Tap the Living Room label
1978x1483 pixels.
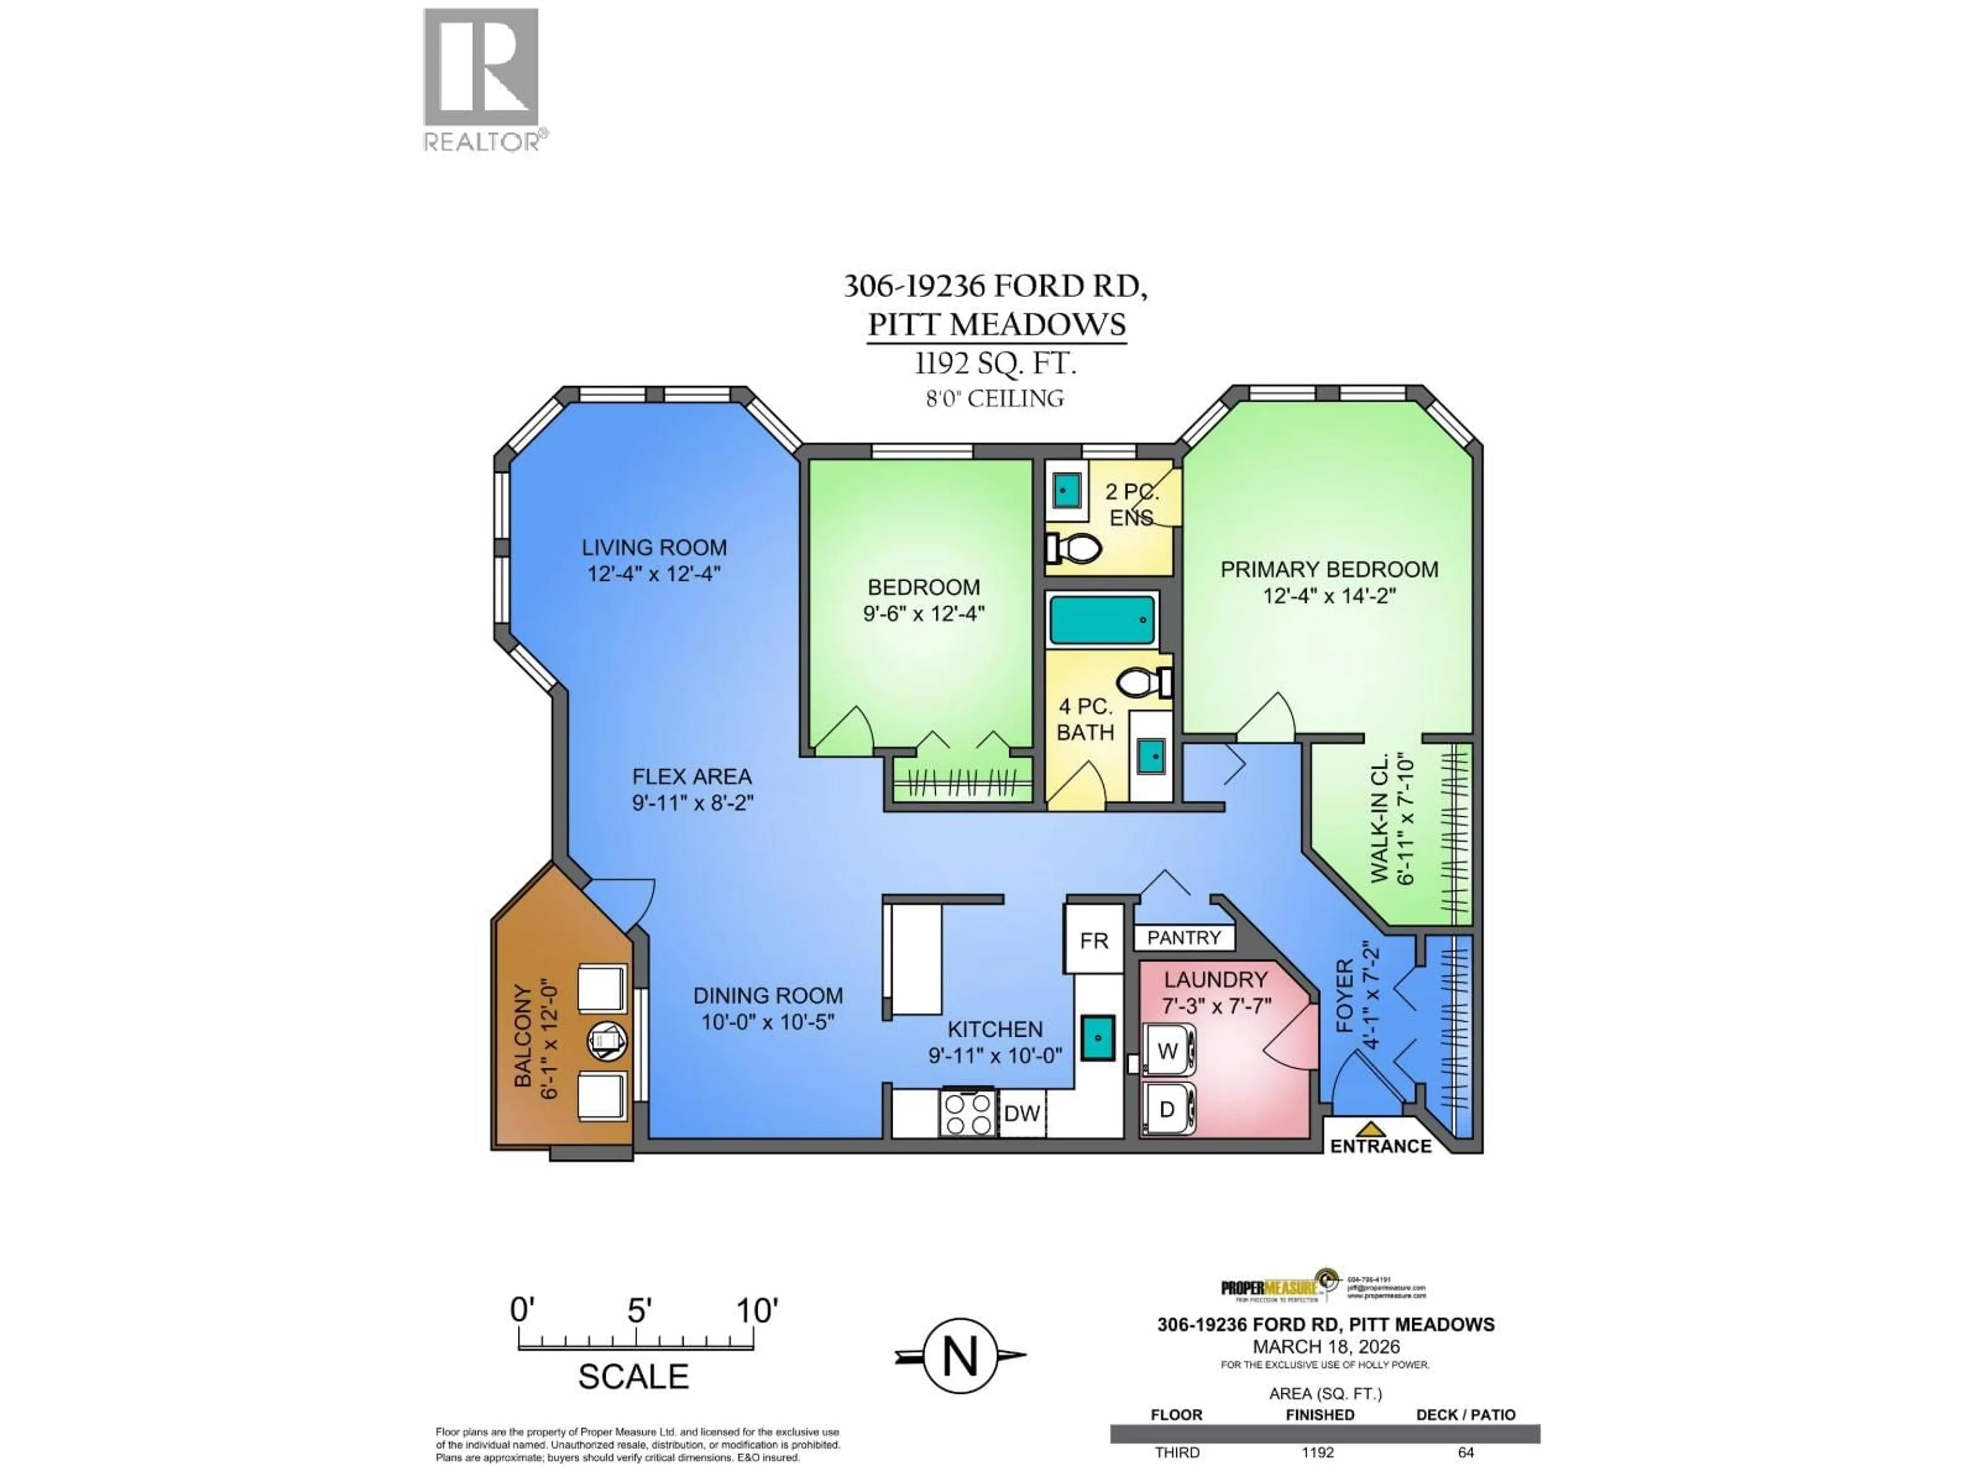point(654,547)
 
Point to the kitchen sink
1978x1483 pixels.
point(1097,1038)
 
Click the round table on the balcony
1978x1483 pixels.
point(607,1041)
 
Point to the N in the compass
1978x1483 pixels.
point(960,1357)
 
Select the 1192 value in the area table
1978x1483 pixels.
point(1317,1453)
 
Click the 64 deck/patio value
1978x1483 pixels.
point(1465,1453)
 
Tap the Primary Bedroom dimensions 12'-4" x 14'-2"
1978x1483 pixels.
point(1329,595)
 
